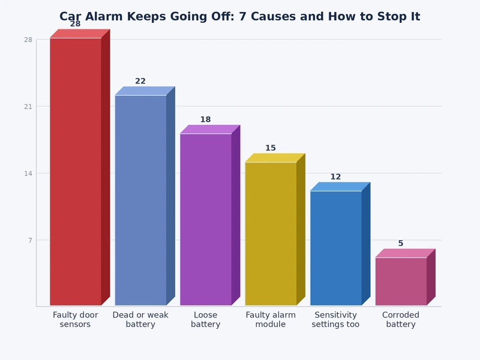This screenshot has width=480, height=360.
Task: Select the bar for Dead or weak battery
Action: pyautogui.click(x=140, y=200)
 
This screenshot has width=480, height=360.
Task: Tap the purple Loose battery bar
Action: pyautogui.click(x=206, y=220)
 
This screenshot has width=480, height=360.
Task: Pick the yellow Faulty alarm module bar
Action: pyautogui.click(x=271, y=234)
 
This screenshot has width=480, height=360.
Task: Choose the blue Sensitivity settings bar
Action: pyautogui.click(x=336, y=248)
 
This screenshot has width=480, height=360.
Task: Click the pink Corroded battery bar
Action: pyautogui.click(x=401, y=281)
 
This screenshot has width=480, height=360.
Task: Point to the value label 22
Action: pyautogui.click(x=140, y=81)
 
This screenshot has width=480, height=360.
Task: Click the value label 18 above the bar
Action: pyautogui.click(x=206, y=119)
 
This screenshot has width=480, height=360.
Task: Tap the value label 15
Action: pyautogui.click(x=271, y=148)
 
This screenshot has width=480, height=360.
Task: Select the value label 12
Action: pyautogui.click(x=336, y=177)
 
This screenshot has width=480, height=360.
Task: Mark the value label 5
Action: pyautogui.click(x=401, y=244)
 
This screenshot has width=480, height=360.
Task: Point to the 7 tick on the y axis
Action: pyautogui.click(x=28, y=241)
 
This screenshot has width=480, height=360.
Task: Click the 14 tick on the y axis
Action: pyautogui.click(x=28, y=173)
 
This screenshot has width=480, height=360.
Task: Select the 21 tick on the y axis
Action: pyautogui.click(x=28, y=107)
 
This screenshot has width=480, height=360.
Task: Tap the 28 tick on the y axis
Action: pyautogui.click(x=28, y=40)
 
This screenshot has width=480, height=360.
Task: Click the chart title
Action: pyautogui.click(x=240, y=17)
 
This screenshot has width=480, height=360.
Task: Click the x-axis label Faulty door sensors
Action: pyautogui.click(x=76, y=319)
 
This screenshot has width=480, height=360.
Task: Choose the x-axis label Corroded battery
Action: pyautogui.click(x=401, y=319)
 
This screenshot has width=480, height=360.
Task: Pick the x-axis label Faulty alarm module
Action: pyautogui.click(x=271, y=319)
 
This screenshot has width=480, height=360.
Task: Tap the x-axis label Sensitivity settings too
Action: pyautogui.click(x=336, y=319)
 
